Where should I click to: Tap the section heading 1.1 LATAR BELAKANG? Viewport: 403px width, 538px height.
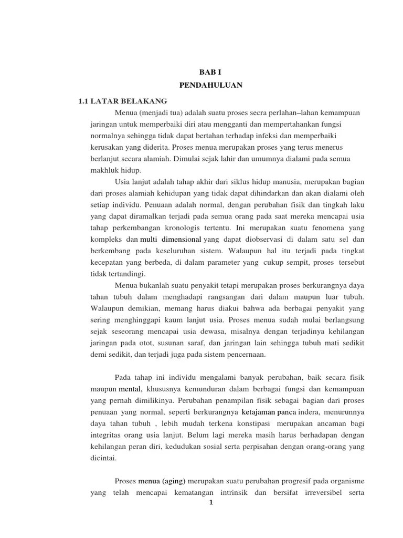(x=122, y=100)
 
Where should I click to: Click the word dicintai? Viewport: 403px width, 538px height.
(x=103, y=458)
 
